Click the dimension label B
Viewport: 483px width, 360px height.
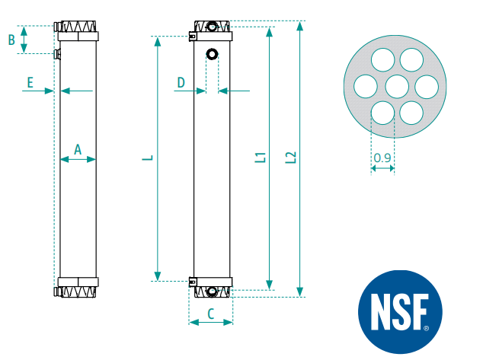(11, 40)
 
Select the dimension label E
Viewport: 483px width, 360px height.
(30, 82)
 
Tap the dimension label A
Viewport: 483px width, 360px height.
(78, 149)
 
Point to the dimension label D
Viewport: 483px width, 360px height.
(181, 82)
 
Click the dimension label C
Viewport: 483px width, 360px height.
(211, 314)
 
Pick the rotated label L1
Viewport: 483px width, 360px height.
(261, 158)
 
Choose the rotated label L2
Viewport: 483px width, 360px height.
(291, 158)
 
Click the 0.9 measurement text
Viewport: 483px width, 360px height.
(382, 158)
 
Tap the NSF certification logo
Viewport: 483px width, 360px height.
(400, 312)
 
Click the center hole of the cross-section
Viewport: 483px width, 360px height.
(397, 87)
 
